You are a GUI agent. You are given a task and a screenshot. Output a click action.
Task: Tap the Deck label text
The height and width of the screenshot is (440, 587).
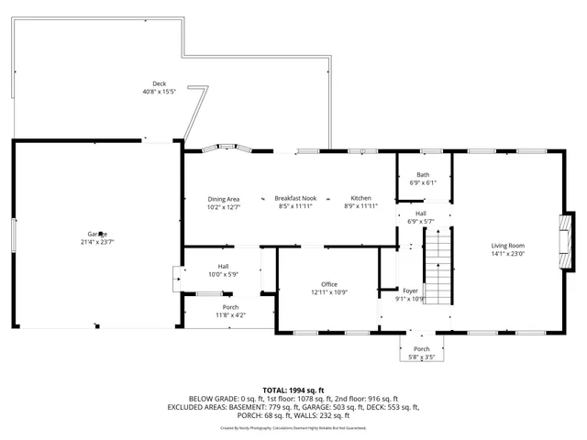160,83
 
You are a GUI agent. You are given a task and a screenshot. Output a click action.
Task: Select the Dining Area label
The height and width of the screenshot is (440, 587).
223,199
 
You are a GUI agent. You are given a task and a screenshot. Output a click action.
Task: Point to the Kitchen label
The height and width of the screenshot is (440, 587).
360,199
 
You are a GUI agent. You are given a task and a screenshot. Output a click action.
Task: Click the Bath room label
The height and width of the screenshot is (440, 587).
423,175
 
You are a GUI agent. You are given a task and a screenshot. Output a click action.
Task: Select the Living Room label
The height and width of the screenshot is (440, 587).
507,245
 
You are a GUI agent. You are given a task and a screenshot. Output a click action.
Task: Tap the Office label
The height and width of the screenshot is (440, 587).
329,284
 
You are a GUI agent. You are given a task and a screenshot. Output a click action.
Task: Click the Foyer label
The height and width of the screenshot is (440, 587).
410,291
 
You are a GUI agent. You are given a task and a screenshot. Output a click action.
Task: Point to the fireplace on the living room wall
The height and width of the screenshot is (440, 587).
567,240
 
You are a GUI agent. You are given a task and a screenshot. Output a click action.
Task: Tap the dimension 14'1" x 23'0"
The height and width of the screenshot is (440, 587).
507,253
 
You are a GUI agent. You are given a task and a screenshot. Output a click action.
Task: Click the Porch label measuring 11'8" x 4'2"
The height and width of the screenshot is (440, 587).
230,307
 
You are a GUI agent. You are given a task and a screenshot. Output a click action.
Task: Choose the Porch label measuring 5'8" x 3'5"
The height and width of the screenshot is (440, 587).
422,349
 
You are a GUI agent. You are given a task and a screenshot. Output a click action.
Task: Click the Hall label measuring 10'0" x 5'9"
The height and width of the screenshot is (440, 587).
223,266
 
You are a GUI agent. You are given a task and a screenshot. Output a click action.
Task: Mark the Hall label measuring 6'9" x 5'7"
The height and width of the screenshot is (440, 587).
420,214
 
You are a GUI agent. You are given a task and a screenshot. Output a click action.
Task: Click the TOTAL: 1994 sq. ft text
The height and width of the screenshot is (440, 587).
293,390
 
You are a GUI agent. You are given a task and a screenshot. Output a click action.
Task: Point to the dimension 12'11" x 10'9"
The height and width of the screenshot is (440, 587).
329,292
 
